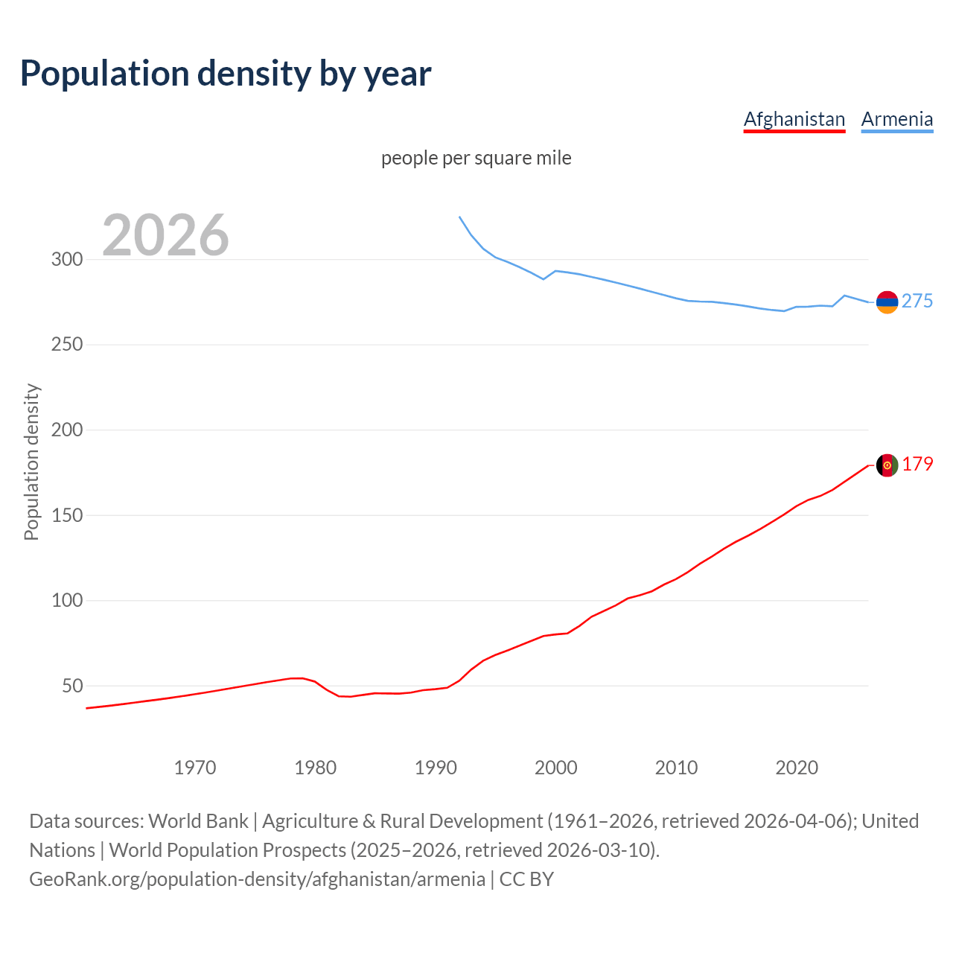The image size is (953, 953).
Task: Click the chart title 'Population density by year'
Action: pyautogui.click(x=226, y=73)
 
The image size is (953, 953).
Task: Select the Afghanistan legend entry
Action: pyautogui.click(x=794, y=119)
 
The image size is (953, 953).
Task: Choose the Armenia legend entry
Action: pyautogui.click(x=896, y=119)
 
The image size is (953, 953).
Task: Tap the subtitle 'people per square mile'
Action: pyautogui.click(x=476, y=158)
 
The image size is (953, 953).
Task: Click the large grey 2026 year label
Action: pyautogui.click(x=165, y=235)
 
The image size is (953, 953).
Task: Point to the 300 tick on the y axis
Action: pyautogui.click(x=66, y=260)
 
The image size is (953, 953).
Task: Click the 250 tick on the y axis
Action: pyautogui.click(x=66, y=345)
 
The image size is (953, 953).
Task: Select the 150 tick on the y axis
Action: pyautogui.click(x=66, y=515)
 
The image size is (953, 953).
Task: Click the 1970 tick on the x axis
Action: pyautogui.click(x=195, y=768)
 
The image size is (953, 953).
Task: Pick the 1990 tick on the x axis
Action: pyautogui.click(x=436, y=768)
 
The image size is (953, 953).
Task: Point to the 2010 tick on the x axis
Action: pyautogui.click(x=676, y=768)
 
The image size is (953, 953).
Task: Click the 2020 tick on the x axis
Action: pyautogui.click(x=797, y=768)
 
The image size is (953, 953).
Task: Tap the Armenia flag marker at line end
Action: pyautogui.click(x=887, y=302)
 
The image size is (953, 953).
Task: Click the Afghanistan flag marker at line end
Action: pyautogui.click(x=887, y=465)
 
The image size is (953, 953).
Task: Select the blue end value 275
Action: pyautogui.click(x=917, y=301)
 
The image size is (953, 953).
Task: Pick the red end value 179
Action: pyautogui.click(x=917, y=464)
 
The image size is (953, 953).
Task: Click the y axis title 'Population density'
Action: pyautogui.click(x=31, y=462)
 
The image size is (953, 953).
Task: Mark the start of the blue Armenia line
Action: pyautogui.click(x=459, y=217)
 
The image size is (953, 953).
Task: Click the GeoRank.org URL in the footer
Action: pyautogui.click(x=257, y=879)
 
